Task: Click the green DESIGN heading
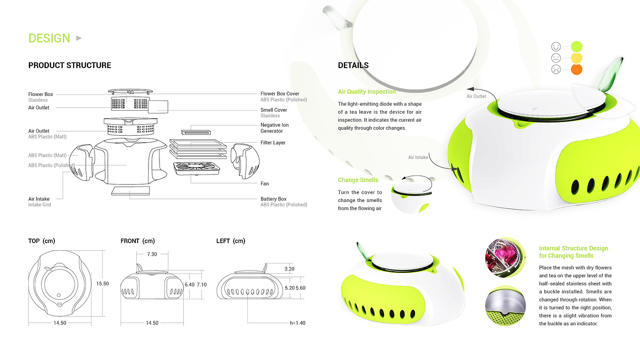[49, 38]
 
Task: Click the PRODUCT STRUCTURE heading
[69, 65]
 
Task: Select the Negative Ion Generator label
[274, 128]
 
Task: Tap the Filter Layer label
[273, 143]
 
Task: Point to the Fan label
[265, 184]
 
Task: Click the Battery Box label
[273, 199]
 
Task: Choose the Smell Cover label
[274, 110]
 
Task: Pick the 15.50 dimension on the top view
[102, 283]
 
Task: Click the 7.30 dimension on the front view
[152, 254]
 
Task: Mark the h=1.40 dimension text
[298, 323]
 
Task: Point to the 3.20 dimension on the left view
[289, 269]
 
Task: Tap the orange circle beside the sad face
[576, 70]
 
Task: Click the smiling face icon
[556, 46]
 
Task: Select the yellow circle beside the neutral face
[576, 58]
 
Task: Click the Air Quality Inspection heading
[367, 92]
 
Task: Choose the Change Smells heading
[358, 180]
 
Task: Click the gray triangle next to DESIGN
[79, 38]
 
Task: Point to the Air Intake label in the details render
[418, 157]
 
